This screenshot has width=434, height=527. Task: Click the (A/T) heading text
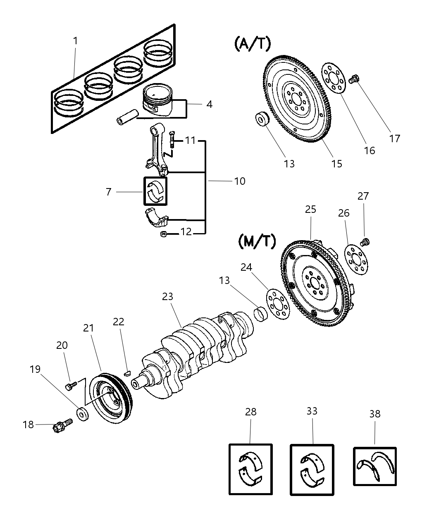(x=252, y=43)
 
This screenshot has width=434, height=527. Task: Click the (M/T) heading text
(x=257, y=241)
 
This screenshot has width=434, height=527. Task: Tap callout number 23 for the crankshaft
(x=167, y=296)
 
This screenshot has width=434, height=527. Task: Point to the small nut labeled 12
(x=163, y=235)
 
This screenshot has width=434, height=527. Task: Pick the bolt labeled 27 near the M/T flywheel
(x=365, y=241)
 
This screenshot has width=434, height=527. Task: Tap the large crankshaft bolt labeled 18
(x=62, y=425)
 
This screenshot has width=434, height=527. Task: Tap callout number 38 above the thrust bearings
(x=374, y=414)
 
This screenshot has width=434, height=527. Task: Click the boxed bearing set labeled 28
(x=250, y=469)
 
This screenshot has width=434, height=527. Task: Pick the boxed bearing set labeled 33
(x=312, y=470)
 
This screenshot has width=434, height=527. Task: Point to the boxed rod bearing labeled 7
(x=155, y=191)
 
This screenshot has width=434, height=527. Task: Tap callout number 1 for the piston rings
(x=76, y=41)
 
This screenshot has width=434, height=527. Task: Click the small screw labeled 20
(x=70, y=385)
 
